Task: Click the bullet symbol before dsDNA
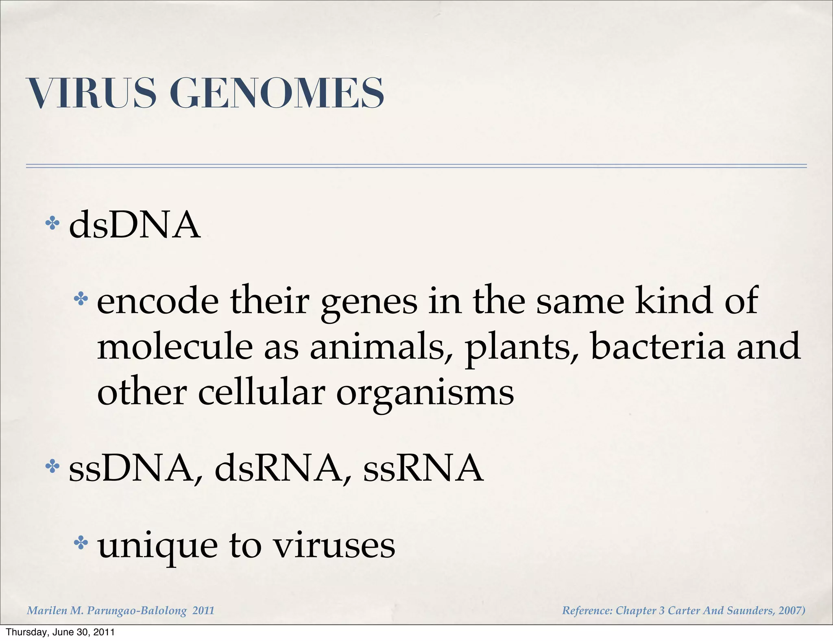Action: point(52,223)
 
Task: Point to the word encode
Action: point(158,301)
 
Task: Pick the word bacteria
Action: point(657,347)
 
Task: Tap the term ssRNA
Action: point(423,469)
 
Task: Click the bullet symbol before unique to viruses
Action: point(81,543)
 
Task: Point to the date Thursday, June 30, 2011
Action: point(60,632)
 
